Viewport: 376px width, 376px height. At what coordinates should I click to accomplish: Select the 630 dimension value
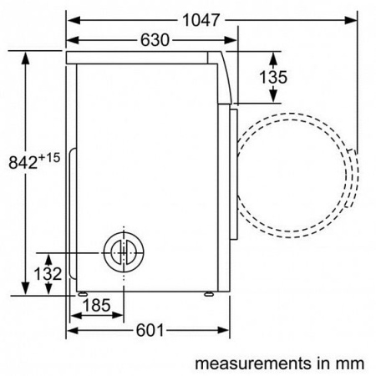[x=154, y=40]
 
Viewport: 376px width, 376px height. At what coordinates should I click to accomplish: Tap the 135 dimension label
[x=272, y=77]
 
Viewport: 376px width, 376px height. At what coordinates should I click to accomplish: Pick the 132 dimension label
[x=26, y=273]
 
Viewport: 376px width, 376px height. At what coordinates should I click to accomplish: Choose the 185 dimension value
[x=95, y=306]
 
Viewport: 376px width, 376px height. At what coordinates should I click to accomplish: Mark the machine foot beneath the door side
[x=208, y=293]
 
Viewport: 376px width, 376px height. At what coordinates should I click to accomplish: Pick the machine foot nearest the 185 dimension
[x=83, y=293]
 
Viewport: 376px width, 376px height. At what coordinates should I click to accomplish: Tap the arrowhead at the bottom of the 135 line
[x=272, y=100]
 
